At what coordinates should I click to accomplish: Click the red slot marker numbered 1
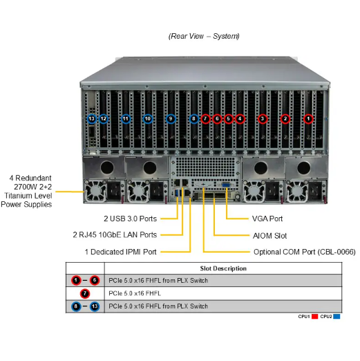coord(309,119)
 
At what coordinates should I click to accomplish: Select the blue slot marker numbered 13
coord(91,119)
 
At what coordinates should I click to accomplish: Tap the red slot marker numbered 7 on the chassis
coord(205,119)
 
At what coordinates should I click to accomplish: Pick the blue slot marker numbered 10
coord(148,119)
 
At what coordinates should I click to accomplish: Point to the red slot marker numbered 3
coord(262,119)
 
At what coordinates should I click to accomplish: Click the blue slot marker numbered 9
coord(171,119)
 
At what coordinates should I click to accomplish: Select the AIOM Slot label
coord(269,235)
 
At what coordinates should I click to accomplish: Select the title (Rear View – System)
coord(204,35)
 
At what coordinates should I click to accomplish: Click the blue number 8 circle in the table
coord(75,306)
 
